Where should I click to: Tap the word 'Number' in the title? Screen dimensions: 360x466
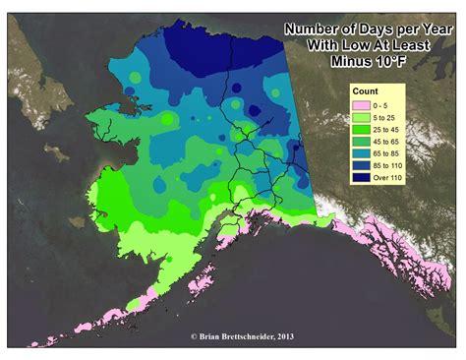[x=314, y=30]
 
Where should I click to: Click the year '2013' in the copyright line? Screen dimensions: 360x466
[x=282, y=335]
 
